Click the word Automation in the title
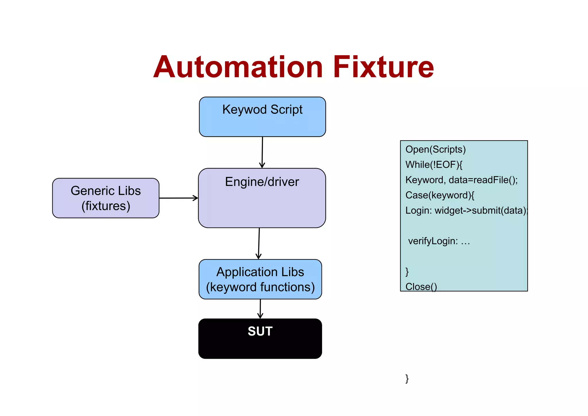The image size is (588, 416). [x=238, y=68]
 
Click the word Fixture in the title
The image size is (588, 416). [x=383, y=68]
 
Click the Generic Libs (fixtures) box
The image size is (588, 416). [x=106, y=198]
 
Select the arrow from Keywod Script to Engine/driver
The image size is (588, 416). [x=262, y=152]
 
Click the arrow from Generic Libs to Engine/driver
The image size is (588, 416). [x=178, y=198]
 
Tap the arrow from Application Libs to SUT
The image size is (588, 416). [x=260, y=309]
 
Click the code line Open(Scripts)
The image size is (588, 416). [x=435, y=149]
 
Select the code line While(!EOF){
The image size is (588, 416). [x=434, y=165]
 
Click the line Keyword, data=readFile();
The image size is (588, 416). [x=461, y=180]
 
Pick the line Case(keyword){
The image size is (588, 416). [x=440, y=195]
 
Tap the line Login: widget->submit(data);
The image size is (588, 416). [x=466, y=211]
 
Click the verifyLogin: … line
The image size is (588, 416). [x=439, y=241]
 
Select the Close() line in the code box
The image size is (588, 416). [x=421, y=286]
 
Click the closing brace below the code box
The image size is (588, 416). [x=407, y=378]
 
